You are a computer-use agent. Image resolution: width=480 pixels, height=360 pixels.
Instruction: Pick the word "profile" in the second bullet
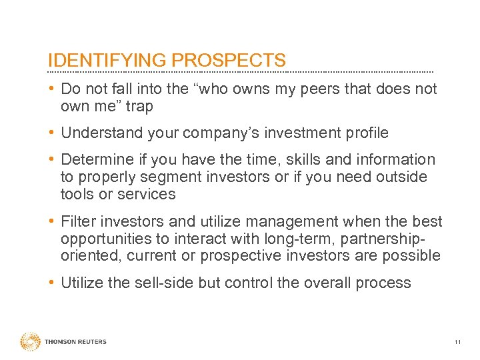click(x=364, y=133)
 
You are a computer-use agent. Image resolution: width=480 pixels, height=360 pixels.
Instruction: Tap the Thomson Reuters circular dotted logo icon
click(x=30, y=341)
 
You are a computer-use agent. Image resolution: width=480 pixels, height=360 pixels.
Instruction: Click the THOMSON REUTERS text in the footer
click(x=75, y=342)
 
